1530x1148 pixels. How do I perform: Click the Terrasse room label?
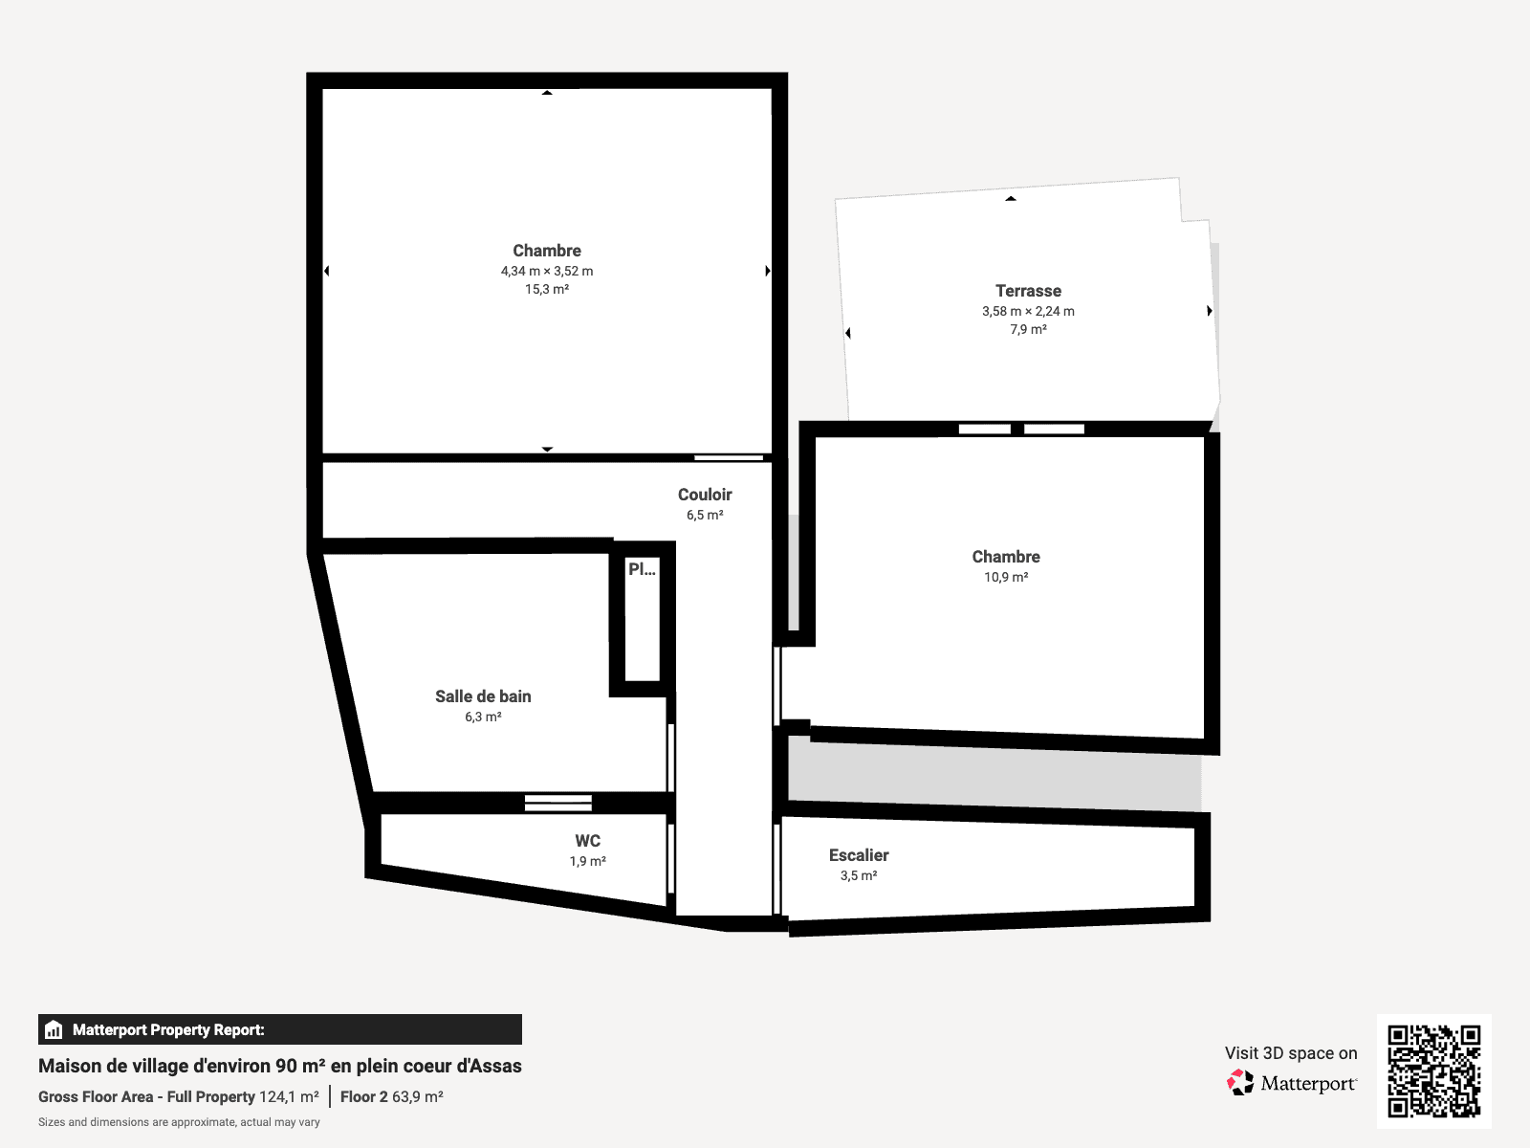(x=1028, y=291)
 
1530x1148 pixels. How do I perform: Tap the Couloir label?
(x=705, y=495)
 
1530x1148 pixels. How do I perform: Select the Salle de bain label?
(x=483, y=696)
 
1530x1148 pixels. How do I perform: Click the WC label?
(x=587, y=841)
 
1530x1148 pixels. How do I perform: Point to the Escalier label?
(x=859, y=855)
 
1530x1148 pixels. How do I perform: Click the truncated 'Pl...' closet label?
(x=642, y=569)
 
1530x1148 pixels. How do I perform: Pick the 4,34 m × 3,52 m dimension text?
(x=547, y=271)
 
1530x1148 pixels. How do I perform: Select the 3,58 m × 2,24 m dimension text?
(x=1028, y=312)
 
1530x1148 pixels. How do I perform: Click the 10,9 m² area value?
(x=1006, y=577)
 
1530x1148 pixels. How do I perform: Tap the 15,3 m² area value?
(x=547, y=289)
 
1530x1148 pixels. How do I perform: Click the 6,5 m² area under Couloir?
(x=705, y=515)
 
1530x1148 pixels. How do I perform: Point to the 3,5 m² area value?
(x=859, y=875)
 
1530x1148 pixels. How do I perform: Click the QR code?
(x=1433, y=1071)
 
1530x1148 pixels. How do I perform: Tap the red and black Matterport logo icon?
(x=1240, y=1083)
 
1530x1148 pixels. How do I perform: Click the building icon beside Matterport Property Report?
(x=54, y=1029)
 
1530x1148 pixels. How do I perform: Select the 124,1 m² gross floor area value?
(x=290, y=1096)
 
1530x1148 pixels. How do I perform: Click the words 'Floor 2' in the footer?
(x=364, y=1096)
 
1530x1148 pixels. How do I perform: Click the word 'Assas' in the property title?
(x=497, y=1066)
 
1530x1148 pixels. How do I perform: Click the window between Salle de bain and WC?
(x=558, y=803)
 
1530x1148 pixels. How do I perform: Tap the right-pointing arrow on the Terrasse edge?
(x=1210, y=311)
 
